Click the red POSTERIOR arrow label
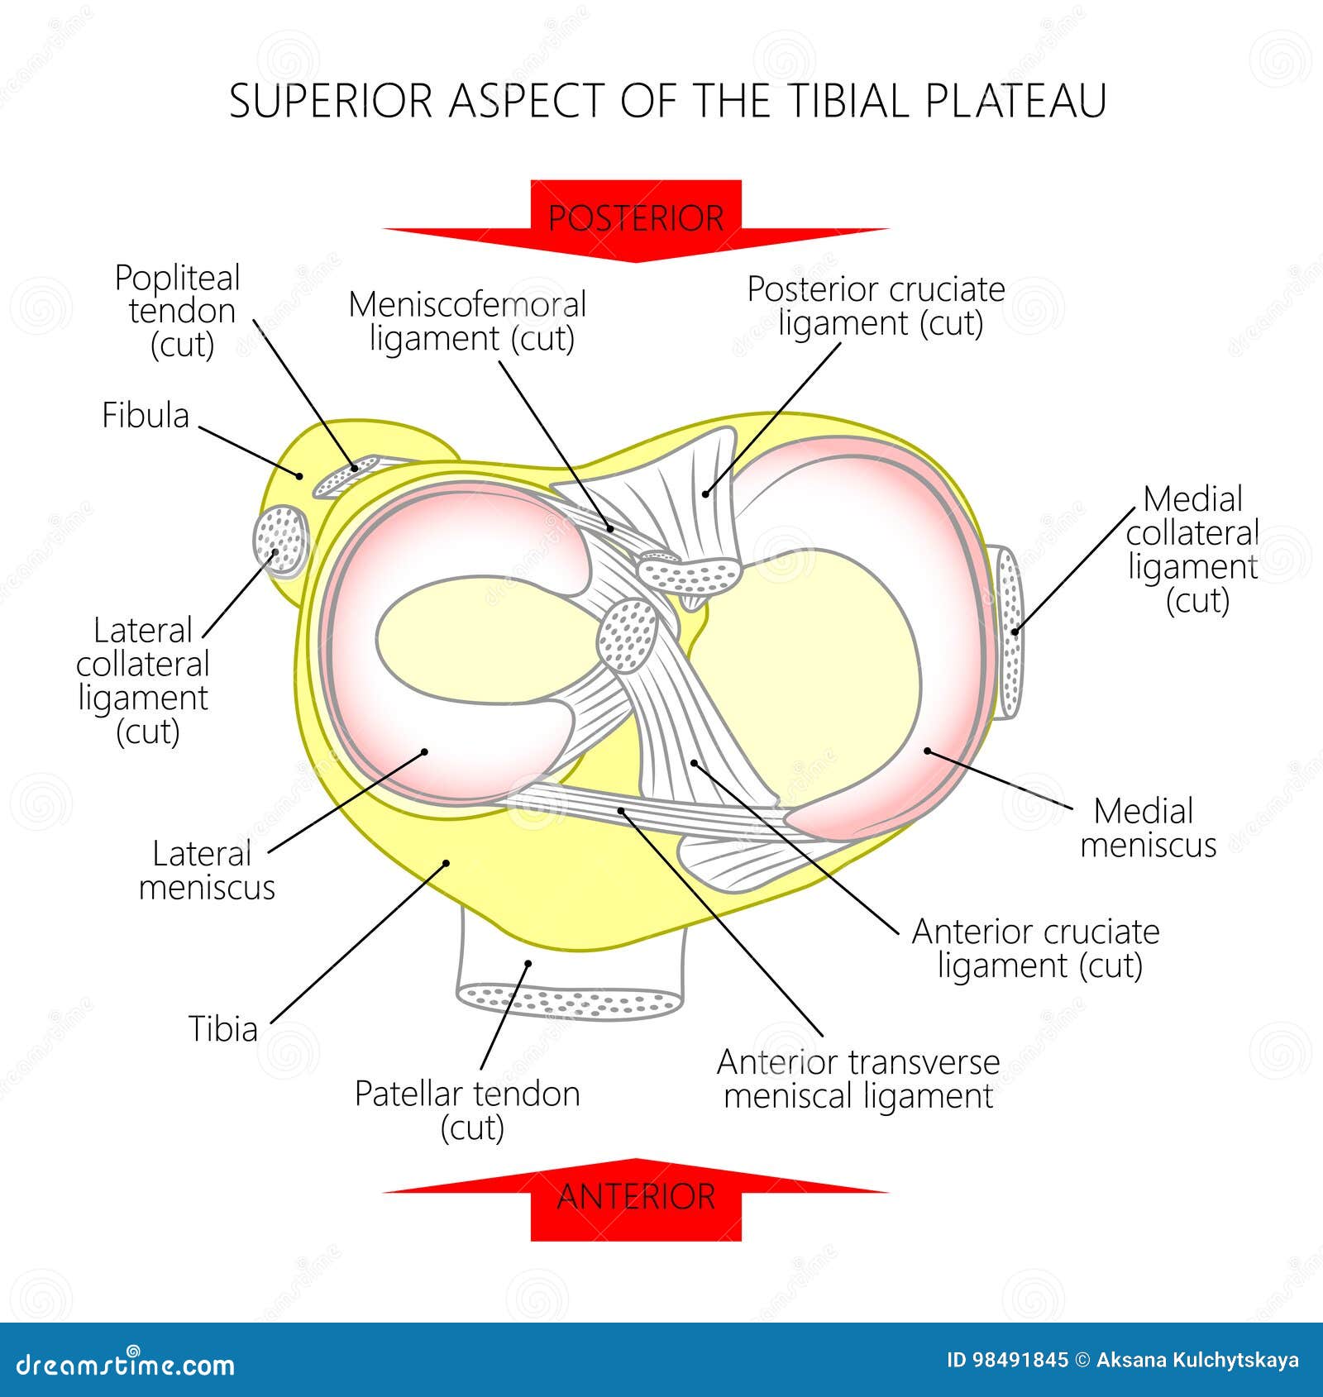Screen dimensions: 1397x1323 (x=635, y=218)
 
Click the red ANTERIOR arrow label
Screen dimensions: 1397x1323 (x=635, y=1197)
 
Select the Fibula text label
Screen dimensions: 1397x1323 (x=146, y=415)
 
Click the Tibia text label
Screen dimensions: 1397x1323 (x=223, y=1029)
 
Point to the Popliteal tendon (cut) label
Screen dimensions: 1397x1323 (x=178, y=311)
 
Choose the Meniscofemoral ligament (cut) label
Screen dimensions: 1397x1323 (x=468, y=322)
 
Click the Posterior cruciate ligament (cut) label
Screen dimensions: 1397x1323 (x=876, y=306)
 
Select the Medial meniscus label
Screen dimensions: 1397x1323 (x=1147, y=827)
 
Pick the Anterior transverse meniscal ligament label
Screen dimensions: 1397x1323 (x=858, y=1079)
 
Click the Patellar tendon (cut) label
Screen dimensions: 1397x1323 (x=468, y=1109)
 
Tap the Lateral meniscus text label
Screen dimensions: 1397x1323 (x=205, y=870)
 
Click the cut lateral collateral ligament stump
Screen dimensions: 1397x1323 (x=279, y=540)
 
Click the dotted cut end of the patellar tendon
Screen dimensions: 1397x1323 (x=571, y=1001)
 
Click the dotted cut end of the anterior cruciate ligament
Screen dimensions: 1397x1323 (x=628, y=636)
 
